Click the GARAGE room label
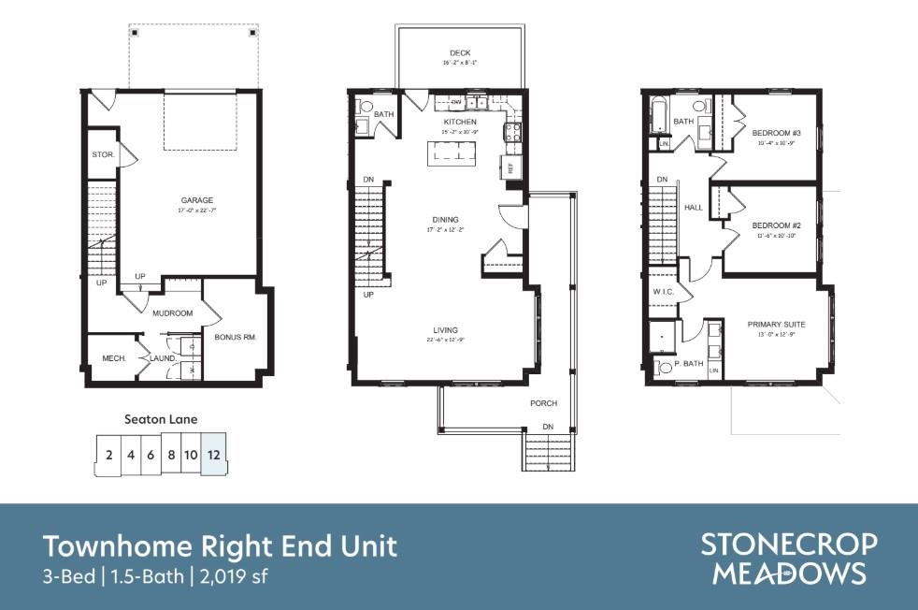pos(197,200)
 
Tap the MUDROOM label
pos(173,313)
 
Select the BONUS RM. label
pos(235,337)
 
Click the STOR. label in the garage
pos(103,154)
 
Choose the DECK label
pos(459,53)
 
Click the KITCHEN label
pos(459,123)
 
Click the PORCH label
pos(543,403)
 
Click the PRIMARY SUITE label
pos(776,325)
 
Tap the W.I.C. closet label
pos(664,293)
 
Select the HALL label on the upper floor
pos(693,208)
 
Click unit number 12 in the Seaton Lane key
pos(214,456)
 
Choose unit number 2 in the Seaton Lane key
pos(109,456)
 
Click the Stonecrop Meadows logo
pos(789,559)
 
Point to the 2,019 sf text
pos(234,576)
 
